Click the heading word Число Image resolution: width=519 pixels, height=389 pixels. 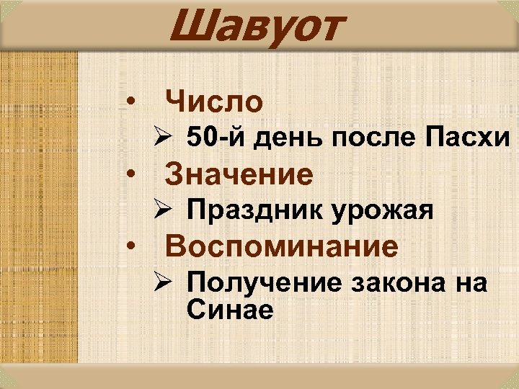pyautogui.click(x=214, y=102)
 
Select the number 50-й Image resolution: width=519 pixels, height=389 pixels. pyautogui.click(x=216, y=138)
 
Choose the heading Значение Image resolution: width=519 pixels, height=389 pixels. pyautogui.click(x=239, y=174)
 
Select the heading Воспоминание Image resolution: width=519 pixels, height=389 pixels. pyautogui.click(x=282, y=247)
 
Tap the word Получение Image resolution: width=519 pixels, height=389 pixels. pyautogui.click(x=265, y=282)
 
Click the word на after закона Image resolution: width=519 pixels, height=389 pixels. pyautogui.click(x=471, y=284)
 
